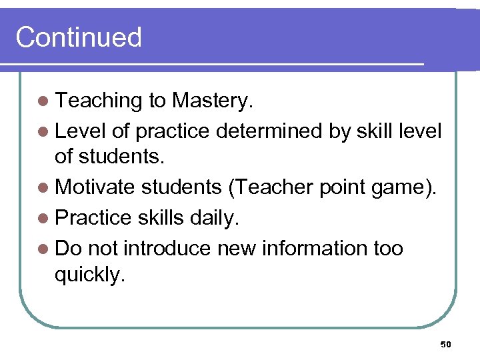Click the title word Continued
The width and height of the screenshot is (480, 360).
[79, 37]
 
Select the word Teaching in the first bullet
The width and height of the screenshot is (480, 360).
[99, 101]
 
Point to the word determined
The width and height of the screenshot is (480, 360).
[269, 131]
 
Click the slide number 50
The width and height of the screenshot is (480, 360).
[446, 344]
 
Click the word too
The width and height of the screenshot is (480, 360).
[388, 248]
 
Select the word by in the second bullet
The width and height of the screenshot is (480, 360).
[340, 131]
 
